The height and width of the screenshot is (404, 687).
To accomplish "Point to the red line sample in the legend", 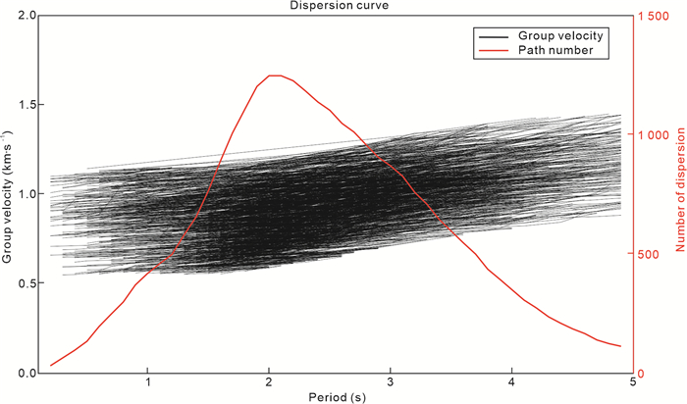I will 494,50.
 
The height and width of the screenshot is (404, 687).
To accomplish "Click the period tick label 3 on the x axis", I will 391,383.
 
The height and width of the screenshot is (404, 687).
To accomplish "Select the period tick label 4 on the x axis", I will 511,383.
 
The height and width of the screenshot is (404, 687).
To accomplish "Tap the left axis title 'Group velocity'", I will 8,194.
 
